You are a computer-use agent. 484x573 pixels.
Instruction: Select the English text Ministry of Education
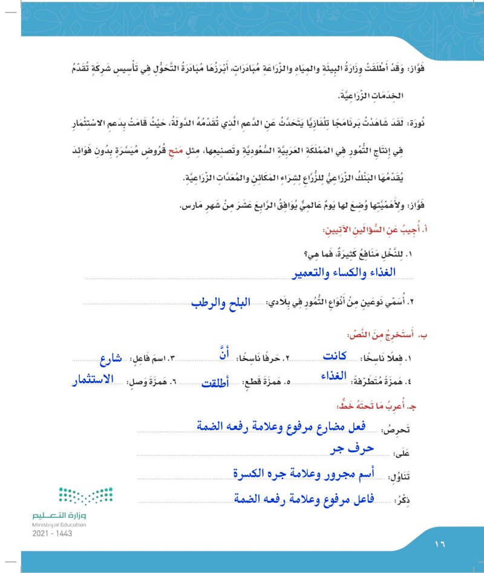point(59,525)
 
